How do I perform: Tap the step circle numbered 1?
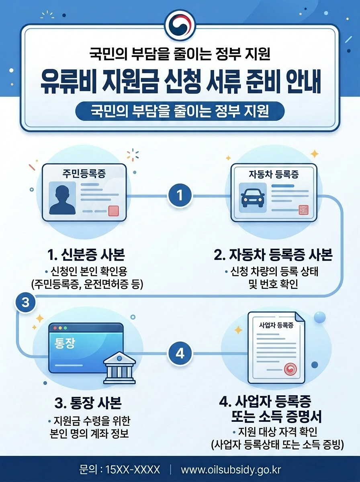click(x=180, y=196)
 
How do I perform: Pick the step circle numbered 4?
click(x=180, y=354)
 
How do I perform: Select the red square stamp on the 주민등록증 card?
click(x=114, y=210)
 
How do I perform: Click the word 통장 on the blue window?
click(x=64, y=344)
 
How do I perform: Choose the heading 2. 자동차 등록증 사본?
click(x=273, y=255)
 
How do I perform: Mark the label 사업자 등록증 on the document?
click(x=276, y=325)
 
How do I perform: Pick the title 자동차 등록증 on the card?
click(x=274, y=175)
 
